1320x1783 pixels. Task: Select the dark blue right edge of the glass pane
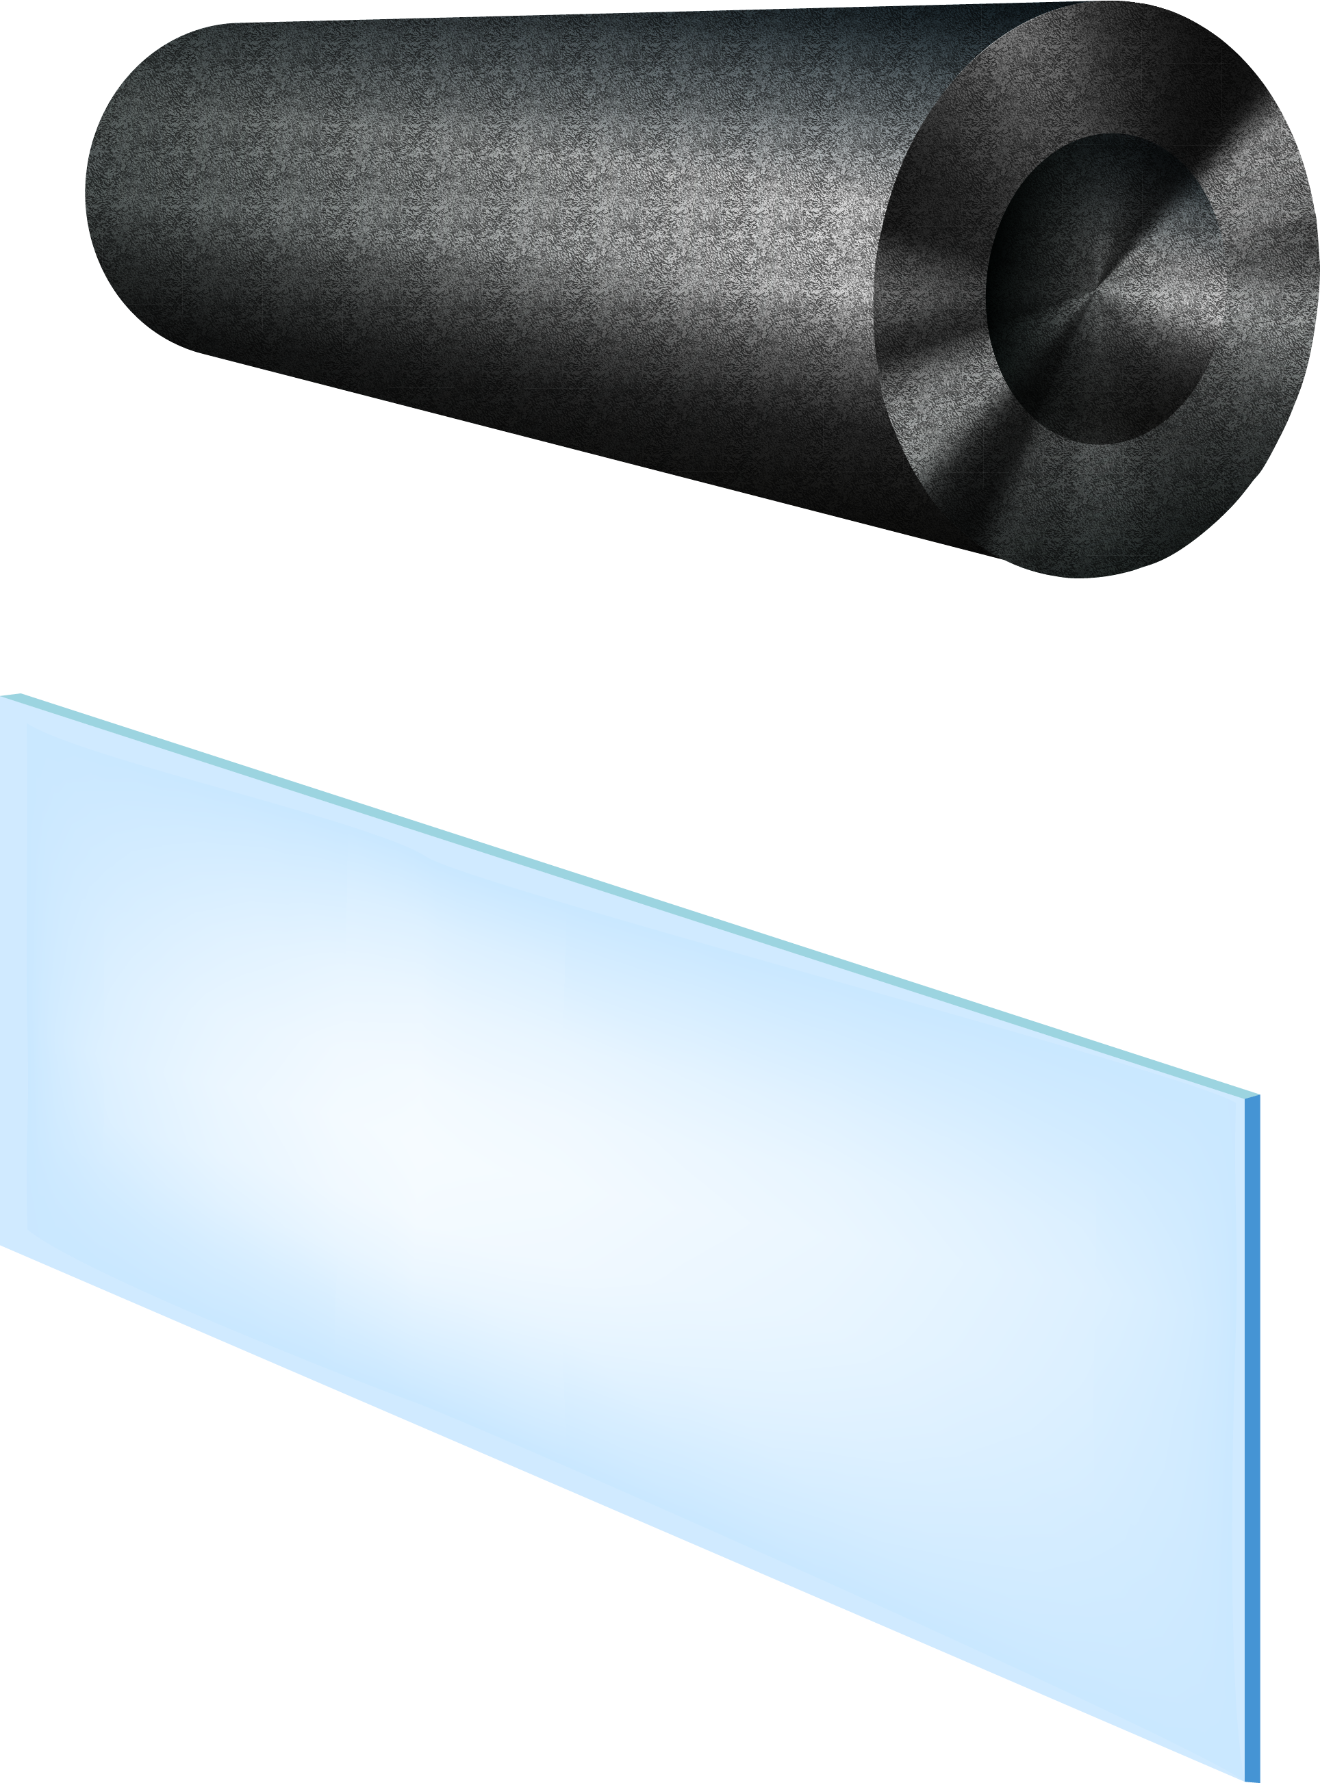click(x=1252, y=1438)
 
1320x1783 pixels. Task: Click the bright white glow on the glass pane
click(x=400, y=1134)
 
